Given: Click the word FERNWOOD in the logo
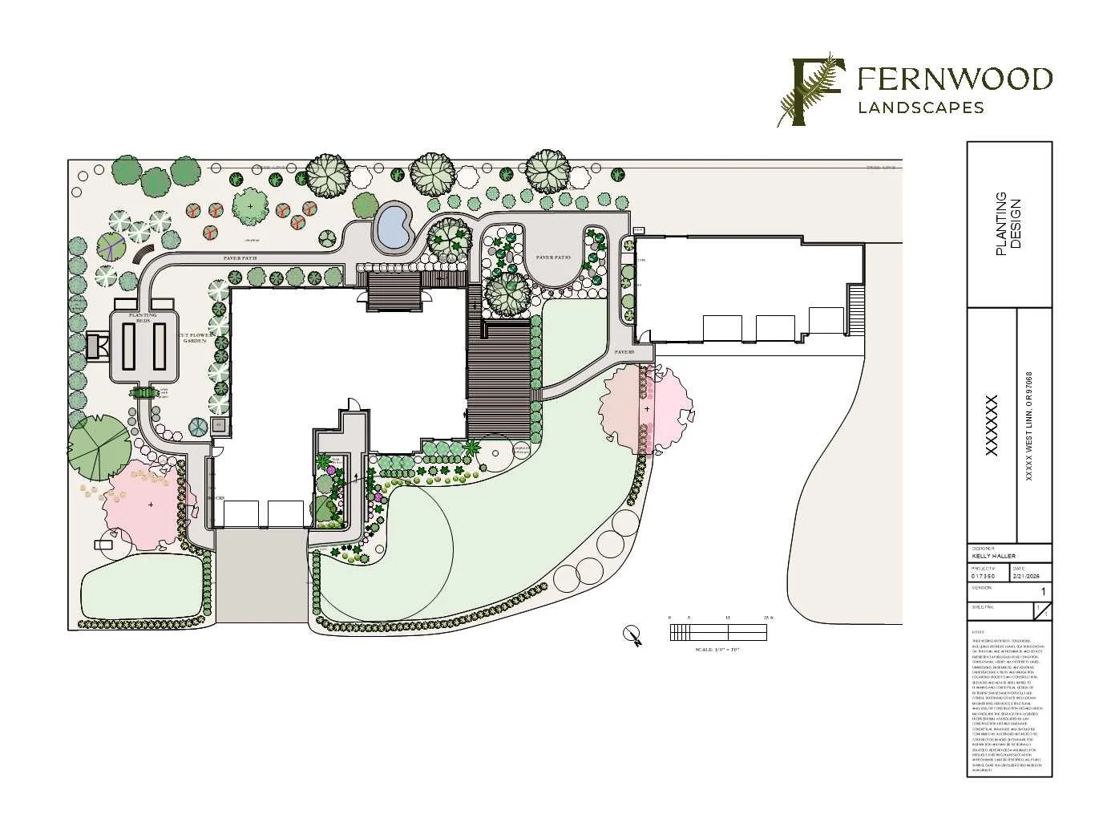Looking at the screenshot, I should (955, 79).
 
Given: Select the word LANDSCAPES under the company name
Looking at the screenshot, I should (921, 107).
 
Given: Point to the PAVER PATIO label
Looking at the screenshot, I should (553, 257).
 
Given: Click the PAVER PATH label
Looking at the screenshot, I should (244, 258).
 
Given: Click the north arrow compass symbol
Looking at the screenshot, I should (632, 634).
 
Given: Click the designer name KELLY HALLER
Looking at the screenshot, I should (993, 556).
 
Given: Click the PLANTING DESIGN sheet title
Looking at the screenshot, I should (1008, 225).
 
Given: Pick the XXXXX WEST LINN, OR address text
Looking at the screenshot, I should (1030, 425).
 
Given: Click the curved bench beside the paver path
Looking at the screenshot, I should (142, 254).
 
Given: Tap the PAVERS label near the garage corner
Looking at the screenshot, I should (625, 352).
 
